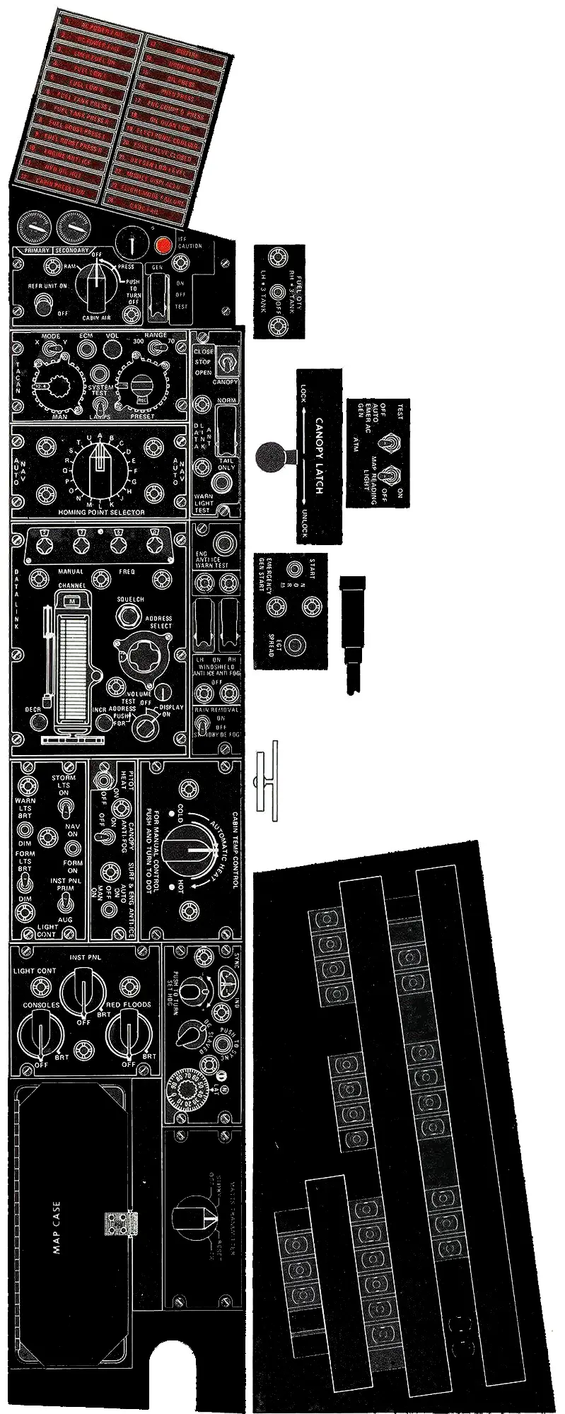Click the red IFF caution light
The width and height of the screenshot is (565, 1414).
(x=163, y=246)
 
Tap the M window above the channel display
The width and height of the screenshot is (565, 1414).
(x=71, y=600)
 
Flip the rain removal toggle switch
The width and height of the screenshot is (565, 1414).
(x=203, y=726)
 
